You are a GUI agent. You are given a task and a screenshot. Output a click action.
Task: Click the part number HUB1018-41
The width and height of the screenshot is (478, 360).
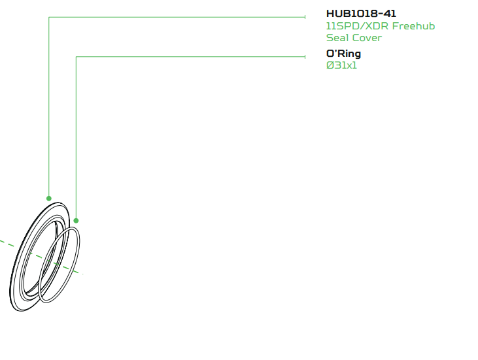coord(361,14)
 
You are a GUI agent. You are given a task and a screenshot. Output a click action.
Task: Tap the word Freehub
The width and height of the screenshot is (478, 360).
coord(413,26)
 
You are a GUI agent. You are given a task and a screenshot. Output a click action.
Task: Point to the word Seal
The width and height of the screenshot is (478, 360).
coord(337,38)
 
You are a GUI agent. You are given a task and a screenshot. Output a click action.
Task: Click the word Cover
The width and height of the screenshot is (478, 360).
coord(367,38)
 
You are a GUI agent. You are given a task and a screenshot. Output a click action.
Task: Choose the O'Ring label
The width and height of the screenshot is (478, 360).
coord(343,54)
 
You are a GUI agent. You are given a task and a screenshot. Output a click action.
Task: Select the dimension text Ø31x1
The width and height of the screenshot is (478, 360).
coord(341,65)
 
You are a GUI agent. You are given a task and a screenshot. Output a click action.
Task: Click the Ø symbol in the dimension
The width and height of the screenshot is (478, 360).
coord(330,65)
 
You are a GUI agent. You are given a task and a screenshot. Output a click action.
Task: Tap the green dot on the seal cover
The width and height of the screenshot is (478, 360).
coord(49,198)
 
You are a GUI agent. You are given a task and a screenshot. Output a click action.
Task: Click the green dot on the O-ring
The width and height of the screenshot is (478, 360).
coord(77,221)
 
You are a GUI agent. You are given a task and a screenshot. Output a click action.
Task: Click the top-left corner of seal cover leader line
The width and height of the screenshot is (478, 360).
coord(49,18)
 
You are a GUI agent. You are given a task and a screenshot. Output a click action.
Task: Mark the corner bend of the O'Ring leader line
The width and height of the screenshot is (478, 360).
coord(77,57)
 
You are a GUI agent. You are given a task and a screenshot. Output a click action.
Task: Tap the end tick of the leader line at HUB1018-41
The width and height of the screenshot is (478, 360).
coord(306,18)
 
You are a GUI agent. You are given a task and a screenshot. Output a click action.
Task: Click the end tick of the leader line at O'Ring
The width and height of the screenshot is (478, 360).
coord(306,57)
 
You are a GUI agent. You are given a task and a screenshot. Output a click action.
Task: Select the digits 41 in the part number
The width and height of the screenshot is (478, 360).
coord(390,14)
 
